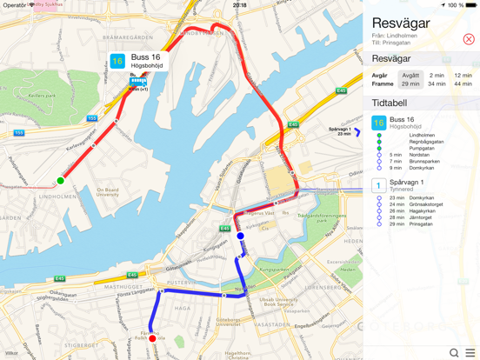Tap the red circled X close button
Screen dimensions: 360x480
coord(469,39)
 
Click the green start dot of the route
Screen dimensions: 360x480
coord(60,181)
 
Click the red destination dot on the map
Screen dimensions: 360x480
coord(152,338)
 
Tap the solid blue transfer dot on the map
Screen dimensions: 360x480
coord(241,236)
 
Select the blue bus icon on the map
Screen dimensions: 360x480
coord(138,82)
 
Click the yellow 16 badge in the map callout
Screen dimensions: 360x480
coord(117,61)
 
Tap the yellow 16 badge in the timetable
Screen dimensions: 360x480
coord(379,123)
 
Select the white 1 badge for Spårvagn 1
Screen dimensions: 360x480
coord(379,185)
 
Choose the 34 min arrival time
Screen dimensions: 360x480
coord(437,84)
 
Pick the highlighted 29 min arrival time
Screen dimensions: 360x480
coord(410,84)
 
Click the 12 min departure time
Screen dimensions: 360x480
coord(463,76)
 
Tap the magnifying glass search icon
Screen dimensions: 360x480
coord(453,352)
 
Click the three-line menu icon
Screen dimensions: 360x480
coord(470,352)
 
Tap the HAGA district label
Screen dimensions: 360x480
coord(183,307)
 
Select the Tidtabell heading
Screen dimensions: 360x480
coord(390,103)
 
